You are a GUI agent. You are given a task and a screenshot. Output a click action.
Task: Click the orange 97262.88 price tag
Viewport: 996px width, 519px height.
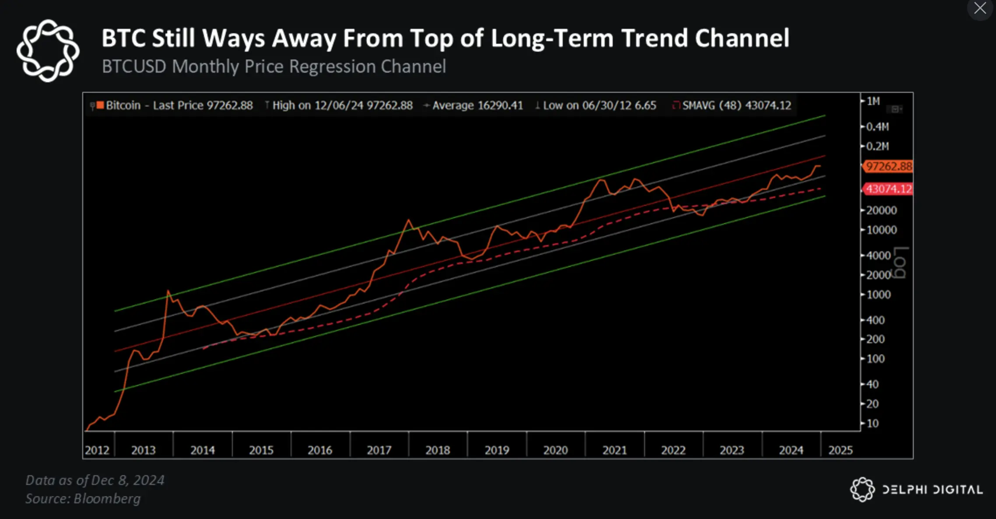coord(888,166)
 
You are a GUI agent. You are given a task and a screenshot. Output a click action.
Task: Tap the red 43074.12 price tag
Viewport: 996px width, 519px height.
coord(888,189)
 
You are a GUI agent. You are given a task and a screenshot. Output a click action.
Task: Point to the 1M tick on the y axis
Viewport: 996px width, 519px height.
coord(873,101)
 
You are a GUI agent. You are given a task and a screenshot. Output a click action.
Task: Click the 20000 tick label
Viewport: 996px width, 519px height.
coord(881,210)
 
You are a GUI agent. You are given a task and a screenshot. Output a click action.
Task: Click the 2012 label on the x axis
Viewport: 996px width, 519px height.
coord(97,450)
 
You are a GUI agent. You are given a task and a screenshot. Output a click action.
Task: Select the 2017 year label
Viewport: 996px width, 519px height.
coord(379,450)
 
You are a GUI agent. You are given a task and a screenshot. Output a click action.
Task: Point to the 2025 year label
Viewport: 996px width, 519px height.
coord(840,450)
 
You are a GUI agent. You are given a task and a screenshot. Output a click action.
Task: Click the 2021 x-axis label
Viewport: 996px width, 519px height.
coord(614,450)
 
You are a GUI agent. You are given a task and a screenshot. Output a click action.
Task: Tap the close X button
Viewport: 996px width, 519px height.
coord(980,8)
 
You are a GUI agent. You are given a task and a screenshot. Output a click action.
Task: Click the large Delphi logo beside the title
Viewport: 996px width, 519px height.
coord(48,50)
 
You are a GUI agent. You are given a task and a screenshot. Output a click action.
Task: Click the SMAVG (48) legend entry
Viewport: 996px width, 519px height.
coord(732,105)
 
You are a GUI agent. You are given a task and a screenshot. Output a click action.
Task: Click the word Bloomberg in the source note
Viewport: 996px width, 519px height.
coord(107,498)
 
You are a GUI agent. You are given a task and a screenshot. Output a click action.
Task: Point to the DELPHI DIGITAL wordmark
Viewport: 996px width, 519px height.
coord(933,490)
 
